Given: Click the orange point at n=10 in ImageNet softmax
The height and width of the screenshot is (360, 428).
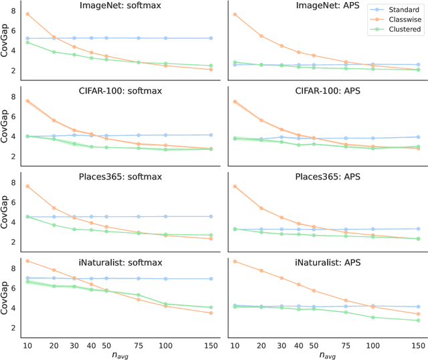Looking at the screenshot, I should (27, 14).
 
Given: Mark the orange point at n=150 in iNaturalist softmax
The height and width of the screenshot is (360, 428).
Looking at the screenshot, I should (211, 312).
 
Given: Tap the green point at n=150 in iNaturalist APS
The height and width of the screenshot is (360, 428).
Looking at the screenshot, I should (418, 321).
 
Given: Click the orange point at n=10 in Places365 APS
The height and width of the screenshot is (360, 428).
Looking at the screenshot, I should (235, 186).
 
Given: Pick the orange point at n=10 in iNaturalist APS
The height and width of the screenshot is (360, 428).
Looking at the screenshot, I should (235, 261).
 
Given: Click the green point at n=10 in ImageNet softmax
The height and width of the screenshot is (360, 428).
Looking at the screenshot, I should (27, 42).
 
